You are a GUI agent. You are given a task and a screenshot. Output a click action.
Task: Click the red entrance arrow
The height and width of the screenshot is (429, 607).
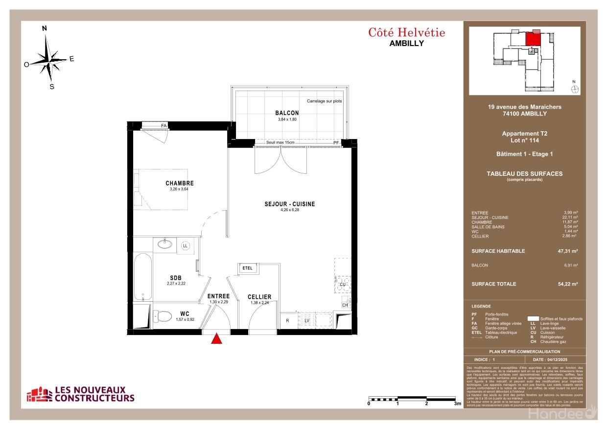[x=216, y=339]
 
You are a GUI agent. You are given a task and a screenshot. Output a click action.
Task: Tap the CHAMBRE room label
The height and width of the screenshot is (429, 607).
[x=179, y=184]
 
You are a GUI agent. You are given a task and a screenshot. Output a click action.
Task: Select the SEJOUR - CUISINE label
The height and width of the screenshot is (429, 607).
[x=290, y=204]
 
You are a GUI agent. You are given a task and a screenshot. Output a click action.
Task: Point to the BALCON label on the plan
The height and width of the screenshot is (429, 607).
[x=287, y=113]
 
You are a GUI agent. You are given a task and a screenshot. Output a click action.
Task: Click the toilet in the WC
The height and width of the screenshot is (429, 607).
[x=162, y=316]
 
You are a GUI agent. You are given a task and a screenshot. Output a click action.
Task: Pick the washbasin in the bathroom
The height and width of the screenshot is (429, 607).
[x=164, y=244]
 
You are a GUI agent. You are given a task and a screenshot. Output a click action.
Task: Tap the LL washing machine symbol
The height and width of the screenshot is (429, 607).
[x=186, y=245]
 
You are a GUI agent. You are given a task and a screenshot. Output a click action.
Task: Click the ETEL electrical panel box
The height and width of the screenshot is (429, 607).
[x=248, y=268]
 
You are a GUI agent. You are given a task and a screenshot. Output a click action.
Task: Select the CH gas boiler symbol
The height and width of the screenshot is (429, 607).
[x=345, y=305]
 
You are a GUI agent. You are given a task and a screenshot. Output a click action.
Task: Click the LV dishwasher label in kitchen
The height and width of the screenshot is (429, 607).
[x=307, y=320]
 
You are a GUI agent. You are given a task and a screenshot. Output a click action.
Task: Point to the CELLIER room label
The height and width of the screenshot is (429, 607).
[x=259, y=297]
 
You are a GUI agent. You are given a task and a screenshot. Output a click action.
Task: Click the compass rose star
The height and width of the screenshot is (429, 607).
[x=49, y=59]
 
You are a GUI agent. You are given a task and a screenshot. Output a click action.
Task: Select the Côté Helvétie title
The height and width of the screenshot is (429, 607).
[x=406, y=33]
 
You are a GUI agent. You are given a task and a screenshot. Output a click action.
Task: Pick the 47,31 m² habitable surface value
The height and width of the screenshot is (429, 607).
[x=568, y=251]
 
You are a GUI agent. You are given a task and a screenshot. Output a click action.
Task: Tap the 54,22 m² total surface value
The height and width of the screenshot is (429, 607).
[x=568, y=284]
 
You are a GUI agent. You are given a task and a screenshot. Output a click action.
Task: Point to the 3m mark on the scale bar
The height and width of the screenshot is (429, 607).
[x=457, y=404]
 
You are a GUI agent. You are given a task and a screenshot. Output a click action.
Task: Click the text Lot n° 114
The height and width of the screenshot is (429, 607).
[x=524, y=140]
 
